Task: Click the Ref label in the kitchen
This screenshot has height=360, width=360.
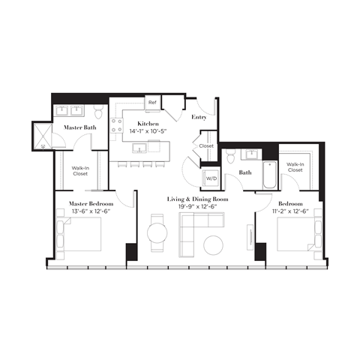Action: [151, 102]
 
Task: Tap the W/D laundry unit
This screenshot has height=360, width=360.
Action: [211, 179]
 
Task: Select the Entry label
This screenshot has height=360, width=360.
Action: [199, 118]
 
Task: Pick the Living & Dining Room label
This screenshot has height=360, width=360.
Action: [197, 199]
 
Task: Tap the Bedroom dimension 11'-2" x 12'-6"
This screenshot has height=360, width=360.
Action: [290, 209]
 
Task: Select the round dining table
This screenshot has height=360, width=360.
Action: [157, 232]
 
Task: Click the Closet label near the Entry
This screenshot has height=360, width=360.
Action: [206, 146]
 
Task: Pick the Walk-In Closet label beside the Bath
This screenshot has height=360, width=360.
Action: [295, 166]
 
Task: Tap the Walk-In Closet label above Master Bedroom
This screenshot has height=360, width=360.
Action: [81, 172]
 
